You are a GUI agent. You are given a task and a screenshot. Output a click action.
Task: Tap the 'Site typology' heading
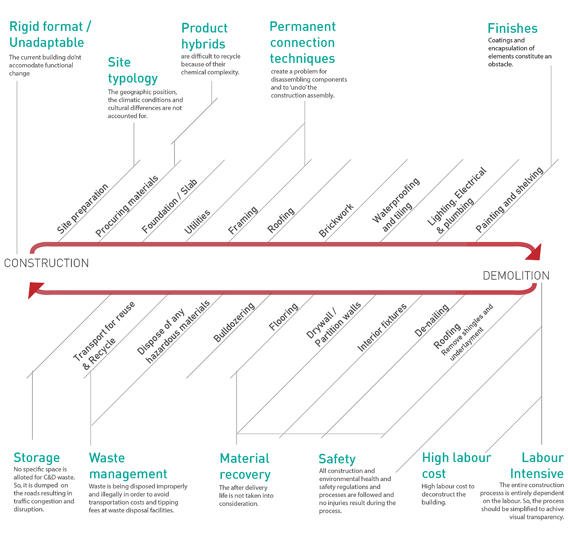tap(132, 70)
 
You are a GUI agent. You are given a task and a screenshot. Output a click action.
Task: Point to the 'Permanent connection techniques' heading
tap(303, 43)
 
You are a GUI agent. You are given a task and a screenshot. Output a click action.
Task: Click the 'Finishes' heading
tap(512, 28)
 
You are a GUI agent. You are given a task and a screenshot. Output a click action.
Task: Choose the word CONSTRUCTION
tap(46, 263)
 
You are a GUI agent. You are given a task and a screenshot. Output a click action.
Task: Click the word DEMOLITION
tap(516, 276)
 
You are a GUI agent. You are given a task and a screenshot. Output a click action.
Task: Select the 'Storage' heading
tap(37, 458)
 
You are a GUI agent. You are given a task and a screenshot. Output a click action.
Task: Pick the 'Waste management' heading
tap(127, 466)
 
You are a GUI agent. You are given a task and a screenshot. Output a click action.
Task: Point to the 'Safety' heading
tap(337, 459)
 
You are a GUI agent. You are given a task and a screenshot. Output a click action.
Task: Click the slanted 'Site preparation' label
tap(83, 209)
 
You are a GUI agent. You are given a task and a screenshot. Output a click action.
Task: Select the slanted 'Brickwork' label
tap(336, 220)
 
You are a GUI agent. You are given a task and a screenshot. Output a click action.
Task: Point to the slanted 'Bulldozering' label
tap(234, 322)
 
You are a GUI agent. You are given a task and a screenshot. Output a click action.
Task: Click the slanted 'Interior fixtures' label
tap(381, 327)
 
